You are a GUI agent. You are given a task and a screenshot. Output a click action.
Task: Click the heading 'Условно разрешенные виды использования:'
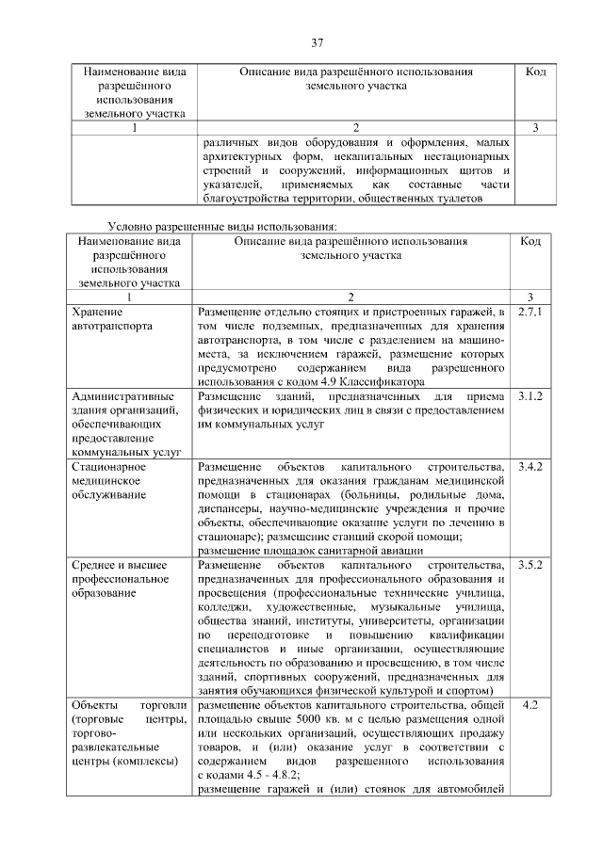[x=222, y=226]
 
